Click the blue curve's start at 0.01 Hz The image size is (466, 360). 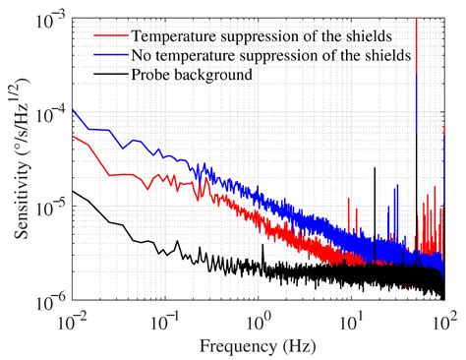pyautogui.click(x=74, y=107)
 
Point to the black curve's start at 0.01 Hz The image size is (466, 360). pyautogui.click(x=74, y=191)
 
